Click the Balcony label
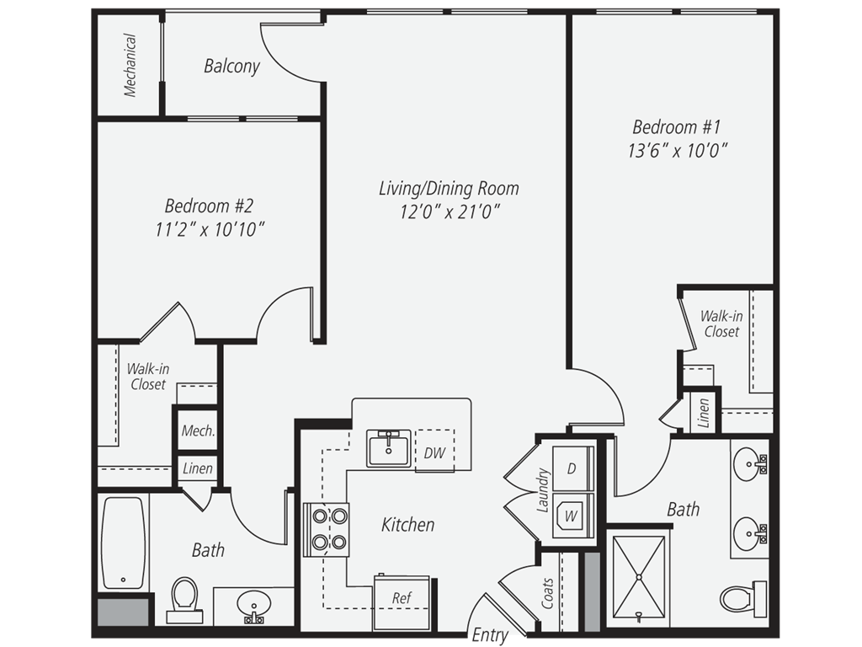pos(231,66)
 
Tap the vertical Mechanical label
pos(130,66)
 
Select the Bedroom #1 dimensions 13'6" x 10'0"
pos(678,150)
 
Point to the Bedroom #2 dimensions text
pos(210,229)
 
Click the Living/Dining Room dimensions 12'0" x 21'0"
pos(450,211)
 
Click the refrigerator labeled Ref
pos(402,602)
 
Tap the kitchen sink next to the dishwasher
pos(389,448)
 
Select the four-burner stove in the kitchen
pos(327,529)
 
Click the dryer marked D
pos(572,468)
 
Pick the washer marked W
pos(572,515)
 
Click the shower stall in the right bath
pos(638,578)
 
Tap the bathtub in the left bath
pos(124,543)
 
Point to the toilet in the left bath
pos(184,600)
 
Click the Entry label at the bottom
pos(490,635)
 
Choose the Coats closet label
pos(547,593)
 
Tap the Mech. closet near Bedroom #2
pos(198,430)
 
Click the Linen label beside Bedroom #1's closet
pos(704,413)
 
